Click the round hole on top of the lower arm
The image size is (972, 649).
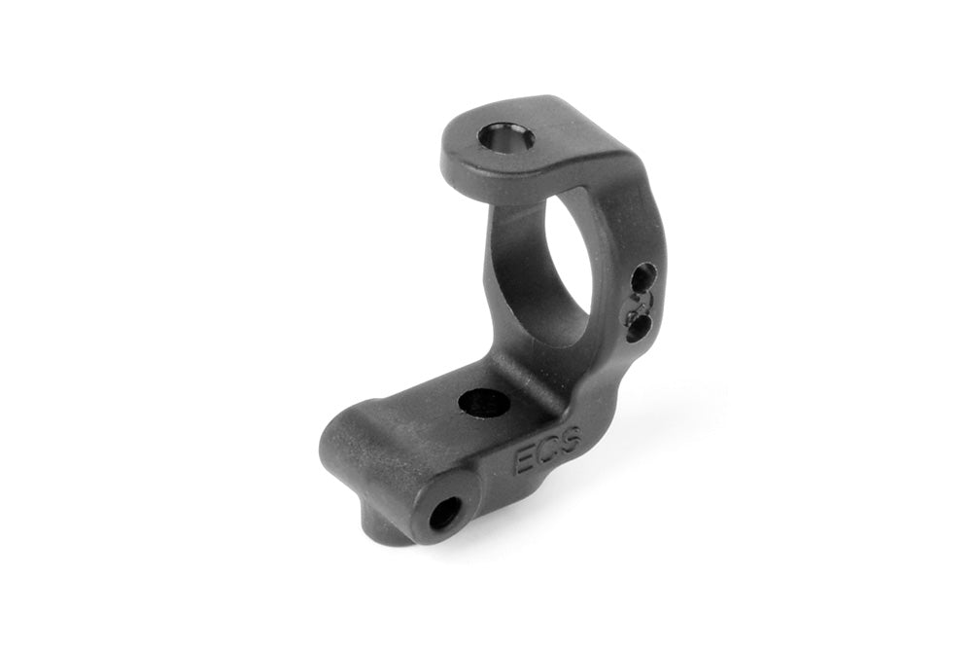pyautogui.click(x=483, y=401)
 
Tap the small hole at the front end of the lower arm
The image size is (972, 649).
pyautogui.click(x=445, y=512)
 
